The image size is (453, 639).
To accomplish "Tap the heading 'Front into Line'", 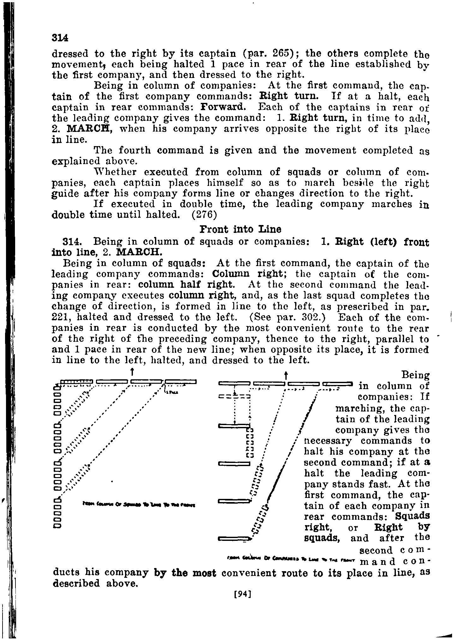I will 241,229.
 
